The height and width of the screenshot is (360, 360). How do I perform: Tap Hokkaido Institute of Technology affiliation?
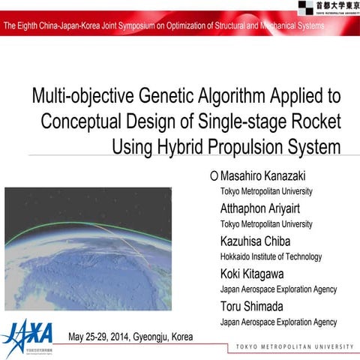271,256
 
